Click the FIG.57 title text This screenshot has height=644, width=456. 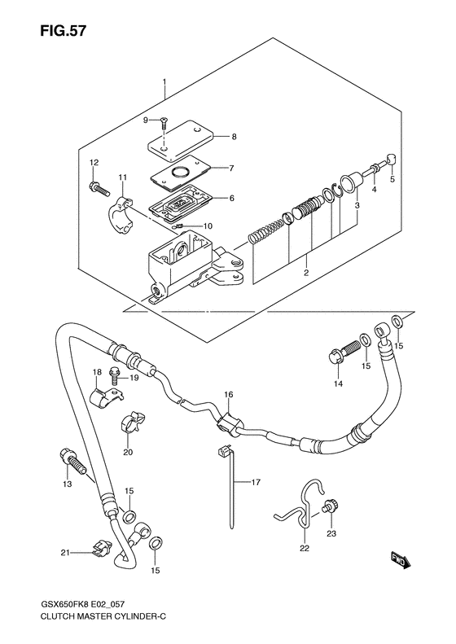(64, 31)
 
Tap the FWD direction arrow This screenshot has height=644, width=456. (399, 560)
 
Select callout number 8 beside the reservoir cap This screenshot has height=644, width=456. (234, 137)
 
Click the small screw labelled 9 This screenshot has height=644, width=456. (164, 122)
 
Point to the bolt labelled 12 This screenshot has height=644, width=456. (99, 188)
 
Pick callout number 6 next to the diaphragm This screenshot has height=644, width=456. (232, 199)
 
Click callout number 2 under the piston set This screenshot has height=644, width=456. (306, 272)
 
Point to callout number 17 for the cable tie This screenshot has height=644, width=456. (256, 482)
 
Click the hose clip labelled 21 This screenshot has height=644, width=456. (102, 548)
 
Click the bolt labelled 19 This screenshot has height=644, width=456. (114, 377)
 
